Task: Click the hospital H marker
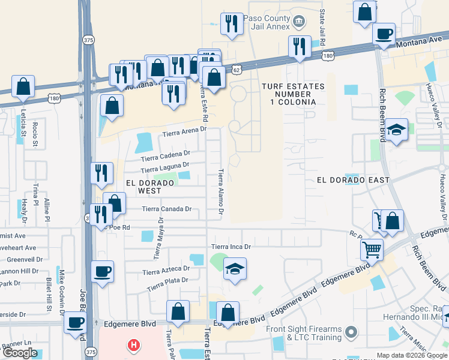(133, 346)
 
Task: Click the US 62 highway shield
(238, 70)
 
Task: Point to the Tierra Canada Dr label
(167, 209)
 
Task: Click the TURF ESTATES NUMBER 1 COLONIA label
(293, 94)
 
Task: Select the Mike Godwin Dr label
(62, 292)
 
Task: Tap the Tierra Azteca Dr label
(166, 272)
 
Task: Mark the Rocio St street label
(35, 134)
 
